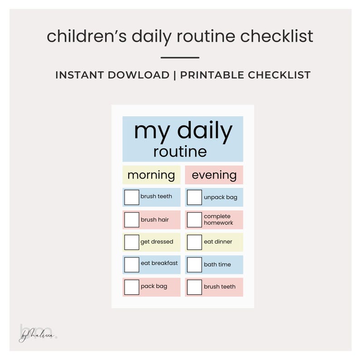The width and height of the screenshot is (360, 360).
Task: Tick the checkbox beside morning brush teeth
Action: pyautogui.click(x=131, y=197)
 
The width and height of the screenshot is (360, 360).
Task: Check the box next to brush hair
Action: pyautogui.click(x=131, y=220)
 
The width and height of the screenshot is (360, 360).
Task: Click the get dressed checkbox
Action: pyautogui.click(x=131, y=242)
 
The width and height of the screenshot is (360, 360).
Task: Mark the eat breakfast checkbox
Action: pyautogui.click(x=131, y=264)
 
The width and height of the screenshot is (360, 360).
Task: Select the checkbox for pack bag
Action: pyautogui.click(x=131, y=287)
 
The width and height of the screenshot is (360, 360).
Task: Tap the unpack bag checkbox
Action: pyautogui.click(x=195, y=197)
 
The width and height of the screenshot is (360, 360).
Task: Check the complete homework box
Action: pyautogui.click(x=195, y=220)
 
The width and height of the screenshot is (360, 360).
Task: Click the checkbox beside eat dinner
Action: pyautogui.click(x=195, y=242)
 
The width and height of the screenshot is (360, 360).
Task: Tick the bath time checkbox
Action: pyautogui.click(x=195, y=264)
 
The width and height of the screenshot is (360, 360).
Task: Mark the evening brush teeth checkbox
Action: pyautogui.click(x=195, y=287)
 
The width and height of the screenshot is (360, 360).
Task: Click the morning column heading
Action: pyautogui.click(x=151, y=175)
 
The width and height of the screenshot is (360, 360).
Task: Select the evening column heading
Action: pyautogui.click(x=214, y=175)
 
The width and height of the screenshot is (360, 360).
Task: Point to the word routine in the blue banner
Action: pyautogui.click(x=180, y=151)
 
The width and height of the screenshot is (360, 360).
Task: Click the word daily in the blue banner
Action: pyautogui.click(x=204, y=131)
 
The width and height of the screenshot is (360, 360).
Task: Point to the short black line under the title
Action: pyautogui.click(x=180, y=58)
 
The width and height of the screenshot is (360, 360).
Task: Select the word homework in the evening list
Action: pyautogui.click(x=219, y=223)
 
